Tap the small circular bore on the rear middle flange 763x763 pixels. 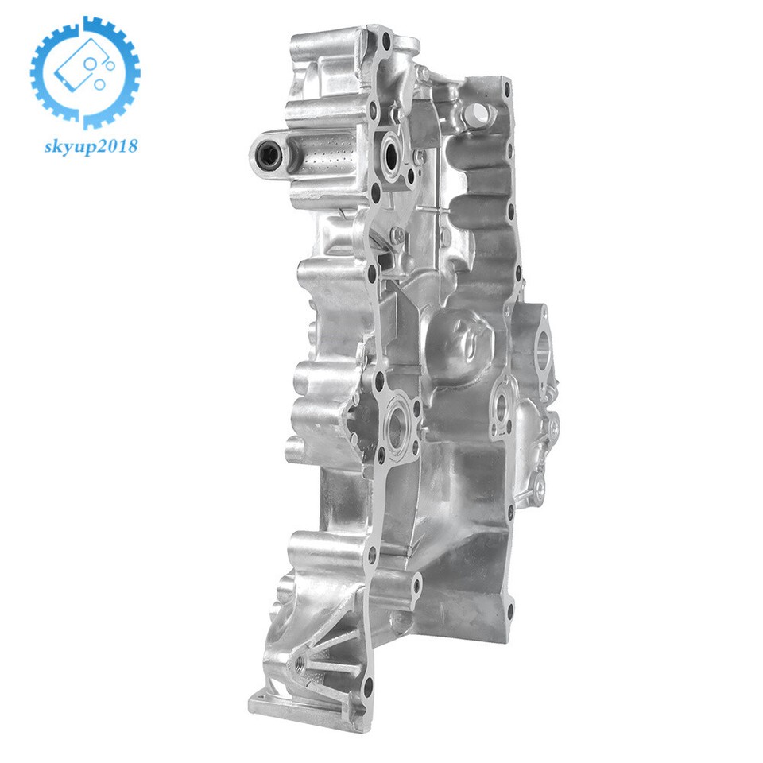(501, 407)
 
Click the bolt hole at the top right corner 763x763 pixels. (506, 83)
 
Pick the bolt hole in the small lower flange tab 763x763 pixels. (416, 588)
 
